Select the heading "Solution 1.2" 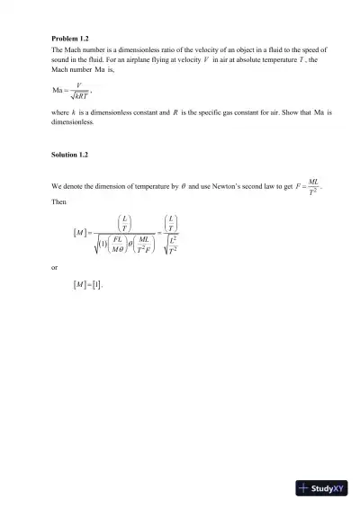70,156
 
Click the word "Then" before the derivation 59,201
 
